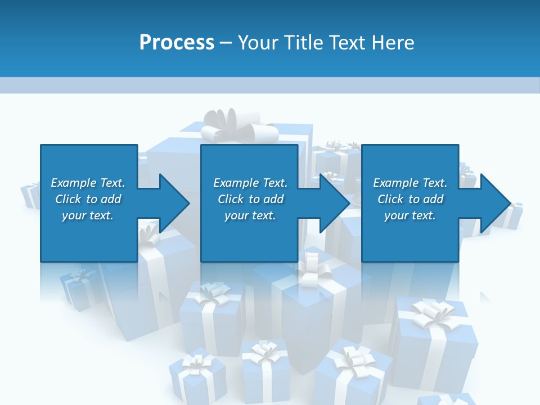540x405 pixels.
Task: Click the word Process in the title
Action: pos(177,42)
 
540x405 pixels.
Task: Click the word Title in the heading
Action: pos(304,42)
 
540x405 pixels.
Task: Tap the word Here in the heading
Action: pos(393,42)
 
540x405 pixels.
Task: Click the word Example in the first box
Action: pos(74,183)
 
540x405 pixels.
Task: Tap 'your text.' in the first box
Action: pos(88,215)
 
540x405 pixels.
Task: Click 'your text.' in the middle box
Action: pos(250,215)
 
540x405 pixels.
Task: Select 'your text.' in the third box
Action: pos(410,215)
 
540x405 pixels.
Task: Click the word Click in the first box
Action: pos(68,199)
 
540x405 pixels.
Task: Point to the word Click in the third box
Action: pos(390,199)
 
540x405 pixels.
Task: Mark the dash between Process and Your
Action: pos(226,43)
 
